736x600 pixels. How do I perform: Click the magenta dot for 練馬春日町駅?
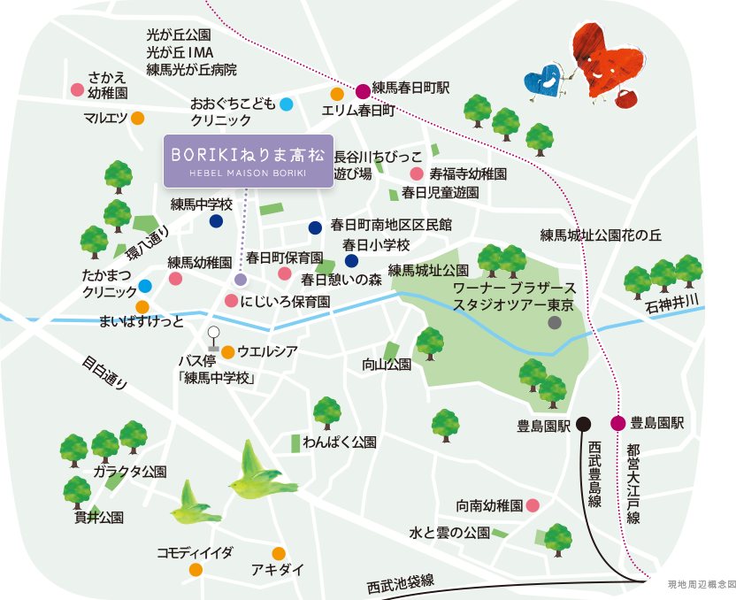tap(363, 90)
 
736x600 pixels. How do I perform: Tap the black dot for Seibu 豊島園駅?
tap(583, 423)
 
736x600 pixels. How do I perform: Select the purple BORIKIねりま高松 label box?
tap(248, 160)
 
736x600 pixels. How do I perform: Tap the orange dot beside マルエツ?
tap(138, 118)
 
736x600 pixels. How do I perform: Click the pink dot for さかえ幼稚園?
tap(77, 89)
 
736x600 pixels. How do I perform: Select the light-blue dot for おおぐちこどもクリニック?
tap(287, 104)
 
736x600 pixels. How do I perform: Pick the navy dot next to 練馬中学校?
tap(216, 221)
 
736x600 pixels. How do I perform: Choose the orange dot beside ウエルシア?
tap(227, 351)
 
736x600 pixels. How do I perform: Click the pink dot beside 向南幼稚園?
tap(533, 505)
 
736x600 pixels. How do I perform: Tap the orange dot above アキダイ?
tap(279, 554)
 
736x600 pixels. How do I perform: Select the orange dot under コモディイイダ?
tap(195, 568)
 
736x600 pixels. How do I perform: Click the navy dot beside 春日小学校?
tap(351, 260)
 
